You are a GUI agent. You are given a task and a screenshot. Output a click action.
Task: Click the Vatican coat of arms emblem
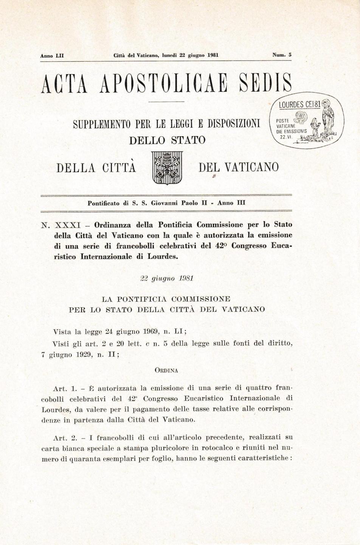(167, 168)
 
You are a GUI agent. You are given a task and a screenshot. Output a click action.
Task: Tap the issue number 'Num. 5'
(282, 55)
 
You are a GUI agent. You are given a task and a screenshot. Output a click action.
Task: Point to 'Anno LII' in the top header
(52, 55)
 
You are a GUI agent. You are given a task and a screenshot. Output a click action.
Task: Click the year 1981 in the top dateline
(213, 55)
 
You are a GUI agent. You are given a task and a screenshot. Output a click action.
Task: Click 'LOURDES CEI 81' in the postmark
(300, 104)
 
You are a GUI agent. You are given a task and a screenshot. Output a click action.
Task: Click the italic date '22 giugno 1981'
(167, 279)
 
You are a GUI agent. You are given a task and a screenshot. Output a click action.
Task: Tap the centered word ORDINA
(166, 371)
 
